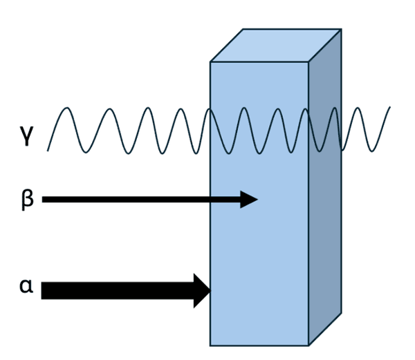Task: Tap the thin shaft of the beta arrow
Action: (x=138, y=200)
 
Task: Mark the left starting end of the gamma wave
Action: (x=48, y=149)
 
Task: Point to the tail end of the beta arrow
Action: (x=43, y=200)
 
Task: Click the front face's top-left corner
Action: (x=210, y=63)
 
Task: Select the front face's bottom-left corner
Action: (x=210, y=345)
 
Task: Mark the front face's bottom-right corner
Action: (x=308, y=345)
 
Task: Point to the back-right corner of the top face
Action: (x=342, y=29)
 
